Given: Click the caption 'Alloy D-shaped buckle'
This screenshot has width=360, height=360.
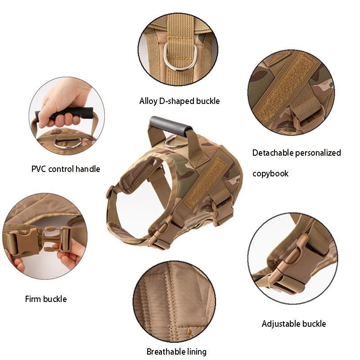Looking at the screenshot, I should tap(180, 101).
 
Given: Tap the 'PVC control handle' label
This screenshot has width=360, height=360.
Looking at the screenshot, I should tap(66, 169).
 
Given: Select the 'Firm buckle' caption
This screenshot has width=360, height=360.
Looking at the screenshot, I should tap(46, 299).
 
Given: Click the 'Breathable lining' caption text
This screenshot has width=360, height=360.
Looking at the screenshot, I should tap(176, 351).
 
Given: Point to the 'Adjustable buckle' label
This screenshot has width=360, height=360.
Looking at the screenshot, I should tap(294, 324).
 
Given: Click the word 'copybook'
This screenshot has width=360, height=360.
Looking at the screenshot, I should tap(270, 173).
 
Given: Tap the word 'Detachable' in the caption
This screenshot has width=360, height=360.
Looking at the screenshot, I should tap(274, 153).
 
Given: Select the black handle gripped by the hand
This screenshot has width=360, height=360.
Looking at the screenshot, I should tap(67, 112).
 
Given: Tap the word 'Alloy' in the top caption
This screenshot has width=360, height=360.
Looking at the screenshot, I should tap(148, 101).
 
